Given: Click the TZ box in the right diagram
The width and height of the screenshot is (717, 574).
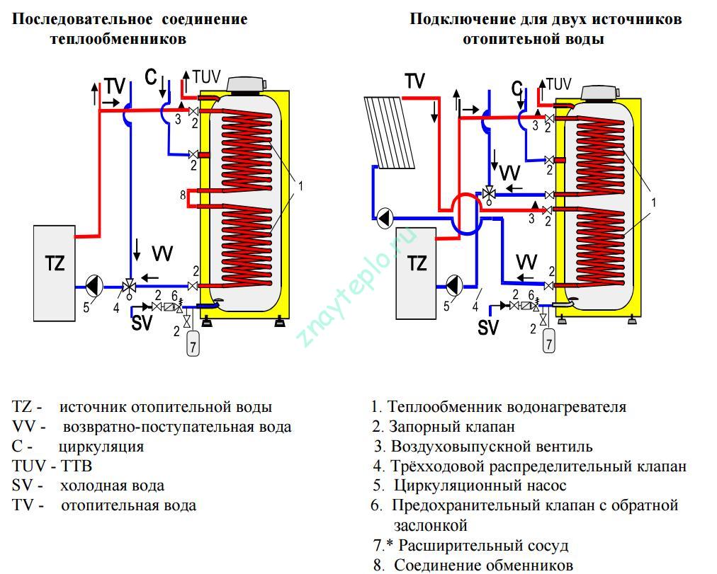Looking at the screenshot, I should [417, 263].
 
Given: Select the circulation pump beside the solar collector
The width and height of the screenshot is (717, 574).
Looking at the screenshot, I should [383, 218].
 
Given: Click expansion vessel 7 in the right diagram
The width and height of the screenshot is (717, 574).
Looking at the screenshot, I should [549, 342].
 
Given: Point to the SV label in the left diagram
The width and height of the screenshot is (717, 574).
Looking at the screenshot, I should [142, 323].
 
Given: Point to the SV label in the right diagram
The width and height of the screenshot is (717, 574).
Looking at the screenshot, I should [487, 327].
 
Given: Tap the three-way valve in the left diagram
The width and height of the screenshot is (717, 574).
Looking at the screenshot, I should [130, 287].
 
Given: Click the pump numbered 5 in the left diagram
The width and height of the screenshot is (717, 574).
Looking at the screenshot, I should [94, 286].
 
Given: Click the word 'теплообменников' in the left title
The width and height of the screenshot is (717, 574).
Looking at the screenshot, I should [118, 39].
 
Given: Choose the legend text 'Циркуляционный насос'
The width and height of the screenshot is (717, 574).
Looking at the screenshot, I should [480, 486].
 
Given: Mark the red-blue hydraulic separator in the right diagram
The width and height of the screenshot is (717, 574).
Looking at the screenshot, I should [465, 213].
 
